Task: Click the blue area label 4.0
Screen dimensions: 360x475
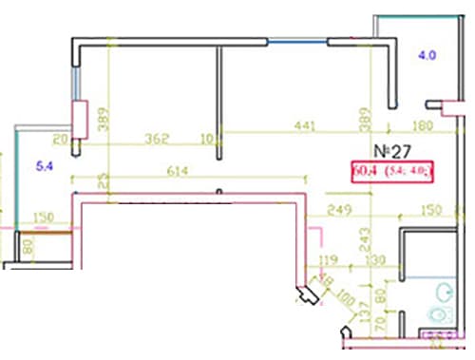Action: tap(427, 55)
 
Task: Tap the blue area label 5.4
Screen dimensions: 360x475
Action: tap(45, 167)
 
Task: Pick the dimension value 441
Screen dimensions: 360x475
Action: tap(303, 125)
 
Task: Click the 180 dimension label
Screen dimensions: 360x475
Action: tap(423, 125)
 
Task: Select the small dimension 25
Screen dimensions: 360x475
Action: tap(103, 179)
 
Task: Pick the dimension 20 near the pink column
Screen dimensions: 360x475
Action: tap(60, 140)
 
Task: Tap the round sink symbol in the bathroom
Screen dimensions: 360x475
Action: tap(439, 313)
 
